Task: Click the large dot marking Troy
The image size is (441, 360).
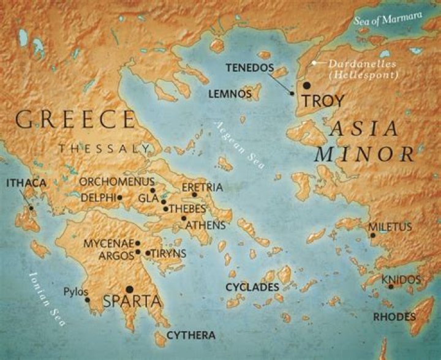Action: tap(306, 85)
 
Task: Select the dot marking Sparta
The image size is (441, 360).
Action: tap(129, 289)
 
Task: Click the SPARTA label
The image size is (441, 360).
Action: tap(132, 301)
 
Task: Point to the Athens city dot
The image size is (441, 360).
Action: tap(183, 218)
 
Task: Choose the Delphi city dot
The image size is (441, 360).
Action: tap(120, 197)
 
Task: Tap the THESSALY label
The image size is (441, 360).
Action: tap(104, 148)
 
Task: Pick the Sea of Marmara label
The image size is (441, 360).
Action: tap(388, 18)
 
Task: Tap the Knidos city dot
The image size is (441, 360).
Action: tap(391, 287)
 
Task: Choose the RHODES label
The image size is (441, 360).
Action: tap(395, 317)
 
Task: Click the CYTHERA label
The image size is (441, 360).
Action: tap(191, 335)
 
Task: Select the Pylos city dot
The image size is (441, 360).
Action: tap(88, 300)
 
